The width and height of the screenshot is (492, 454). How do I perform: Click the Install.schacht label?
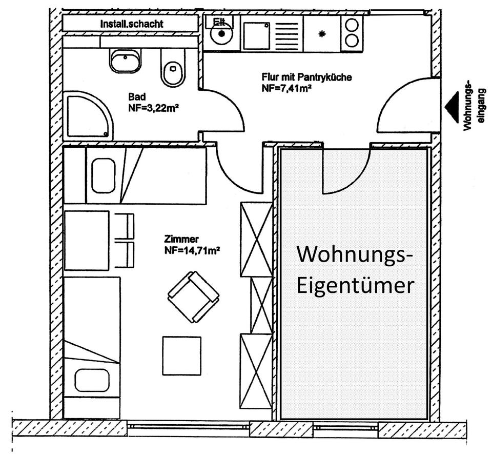pos(132,24)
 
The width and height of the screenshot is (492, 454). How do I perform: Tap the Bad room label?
pos(137,97)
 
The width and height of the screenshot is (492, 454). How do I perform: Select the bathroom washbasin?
pos(125,61)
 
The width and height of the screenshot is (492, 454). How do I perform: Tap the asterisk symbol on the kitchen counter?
pos(322,34)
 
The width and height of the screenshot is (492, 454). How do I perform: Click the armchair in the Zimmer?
pos(194,297)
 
